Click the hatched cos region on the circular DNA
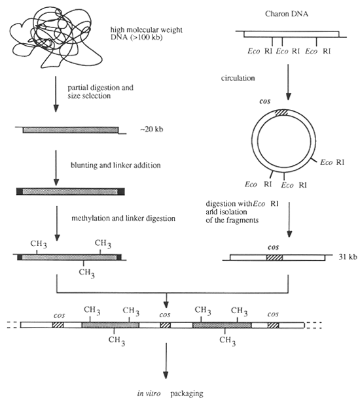click(x=282, y=113)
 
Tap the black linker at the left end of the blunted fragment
click(x=20, y=191)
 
